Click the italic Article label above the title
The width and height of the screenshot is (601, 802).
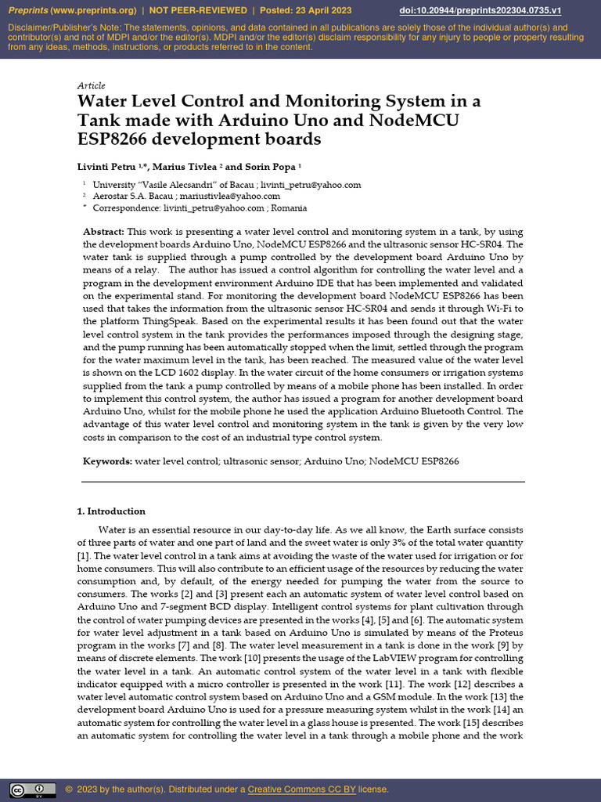[91, 85]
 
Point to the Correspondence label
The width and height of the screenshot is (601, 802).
[126, 208]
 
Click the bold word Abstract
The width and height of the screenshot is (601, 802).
[103, 233]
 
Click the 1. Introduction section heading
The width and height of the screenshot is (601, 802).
[111, 511]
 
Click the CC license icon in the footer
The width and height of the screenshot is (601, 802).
[32, 789]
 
